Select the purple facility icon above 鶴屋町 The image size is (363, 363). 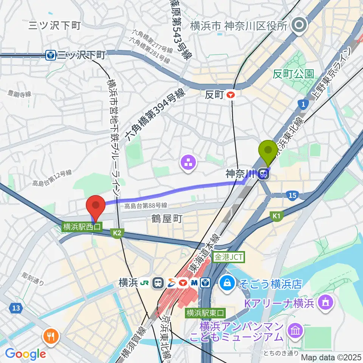[188, 163]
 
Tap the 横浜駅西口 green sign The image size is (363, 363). [82, 227]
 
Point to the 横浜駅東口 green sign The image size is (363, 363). [206, 313]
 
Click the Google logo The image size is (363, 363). [26, 354]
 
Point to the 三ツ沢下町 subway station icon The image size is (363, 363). [50, 56]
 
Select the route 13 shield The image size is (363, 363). [16, 309]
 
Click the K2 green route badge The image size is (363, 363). [117, 234]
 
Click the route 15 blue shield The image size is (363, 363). [292, 195]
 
